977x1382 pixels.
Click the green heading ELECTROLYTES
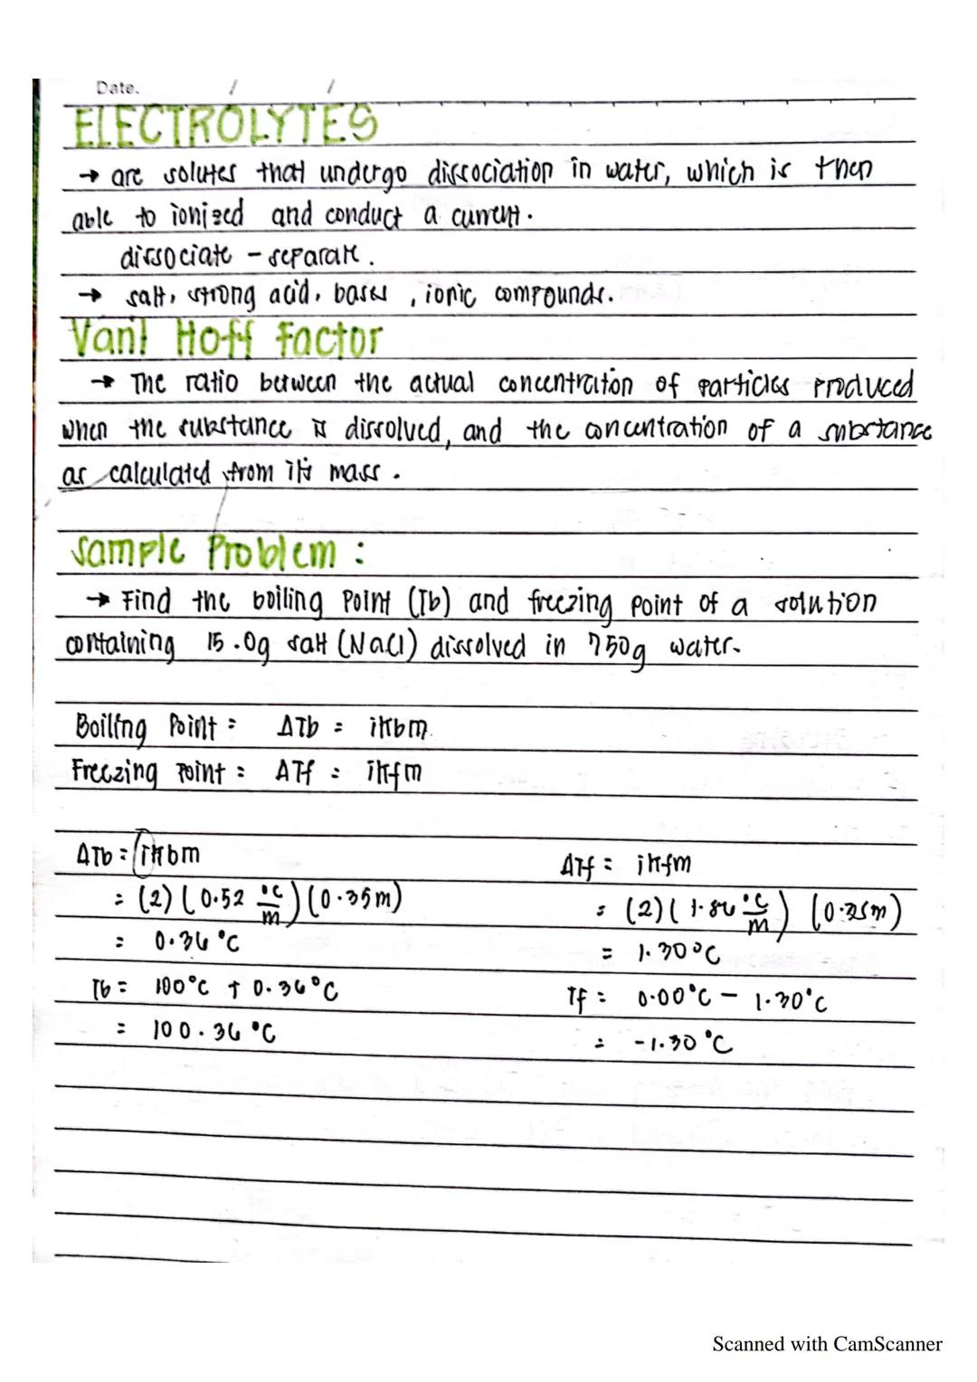tap(225, 126)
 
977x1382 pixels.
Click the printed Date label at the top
tap(117, 89)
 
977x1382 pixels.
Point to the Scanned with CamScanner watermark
tap(827, 1344)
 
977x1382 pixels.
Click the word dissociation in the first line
tap(489, 172)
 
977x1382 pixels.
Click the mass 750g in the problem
tap(618, 648)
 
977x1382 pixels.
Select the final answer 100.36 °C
tap(213, 1030)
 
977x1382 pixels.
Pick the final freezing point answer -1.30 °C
tap(683, 1044)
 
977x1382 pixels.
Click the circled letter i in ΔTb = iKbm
tap(142, 853)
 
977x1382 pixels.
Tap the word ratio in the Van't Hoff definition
tap(212, 383)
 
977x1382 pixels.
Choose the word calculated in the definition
tap(159, 473)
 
